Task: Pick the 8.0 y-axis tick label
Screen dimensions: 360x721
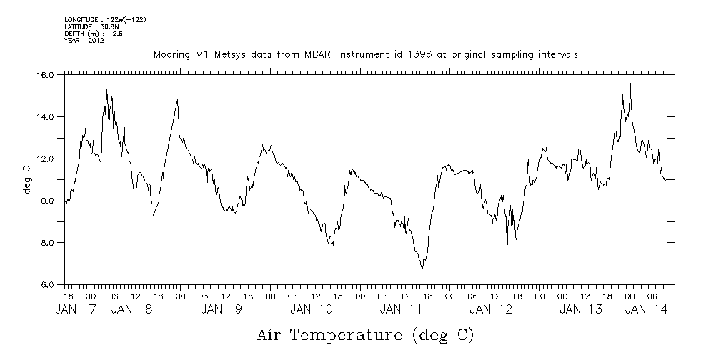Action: click(x=47, y=243)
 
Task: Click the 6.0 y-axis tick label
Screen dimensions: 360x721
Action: click(x=47, y=285)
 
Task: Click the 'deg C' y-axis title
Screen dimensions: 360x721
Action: click(x=26, y=179)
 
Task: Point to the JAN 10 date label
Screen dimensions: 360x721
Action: click(x=312, y=309)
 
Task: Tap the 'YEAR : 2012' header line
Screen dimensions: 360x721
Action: click(x=84, y=41)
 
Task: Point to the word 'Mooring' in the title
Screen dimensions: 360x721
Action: click(x=169, y=55)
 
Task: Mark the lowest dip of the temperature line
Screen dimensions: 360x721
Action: click(x=422, y=268)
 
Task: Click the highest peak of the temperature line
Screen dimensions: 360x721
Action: click(x=630, y=84)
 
